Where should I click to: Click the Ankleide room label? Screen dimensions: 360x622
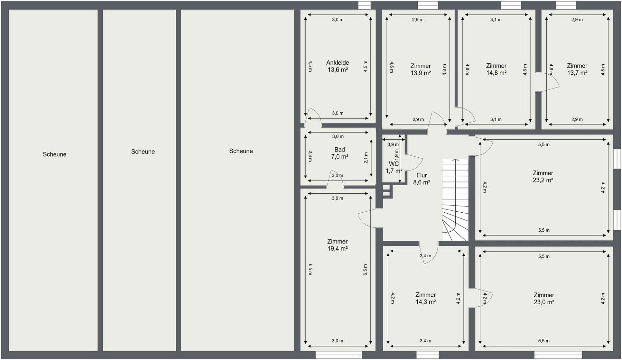pyautogui.click(x=338, y=63)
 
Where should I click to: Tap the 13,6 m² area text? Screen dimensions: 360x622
pyautogui.click(x=338, y=70)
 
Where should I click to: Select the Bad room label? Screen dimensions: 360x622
pyautogui.click(x=339, y=149)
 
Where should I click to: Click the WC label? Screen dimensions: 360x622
pyautogui.click(x=394, y=164)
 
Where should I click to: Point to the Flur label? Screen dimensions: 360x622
pyautogui.click(x=422, y=175)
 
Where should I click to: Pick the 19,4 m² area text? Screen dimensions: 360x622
pyautogui.click(x=337, y=248)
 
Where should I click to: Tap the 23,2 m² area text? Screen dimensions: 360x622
pyautogui.click(x=543, y=180)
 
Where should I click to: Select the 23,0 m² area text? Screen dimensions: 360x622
pyautogui.click(x=544, y=302)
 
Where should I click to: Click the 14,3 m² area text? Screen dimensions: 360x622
pyautogui.click(x=425, y=302)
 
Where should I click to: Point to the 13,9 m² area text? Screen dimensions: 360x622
pyautogui.click(x=421, y=73)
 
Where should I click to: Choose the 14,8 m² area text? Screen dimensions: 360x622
pyautogui.click(x=496, y=73)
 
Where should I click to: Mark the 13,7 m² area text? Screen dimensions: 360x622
pyautogui.click(x=577, y=73)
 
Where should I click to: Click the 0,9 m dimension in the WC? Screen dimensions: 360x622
pyautogui.click(x=393, y=145)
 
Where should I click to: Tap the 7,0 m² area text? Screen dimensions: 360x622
pyautogui.click(x=339, y=157)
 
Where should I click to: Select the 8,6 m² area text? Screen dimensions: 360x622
pyautogui.click(x=422, y=182)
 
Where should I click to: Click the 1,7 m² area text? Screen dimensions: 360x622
pyautogui.click(x=394, y=171)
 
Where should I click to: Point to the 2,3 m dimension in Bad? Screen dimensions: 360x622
pyautogui.click(x=310, y=156)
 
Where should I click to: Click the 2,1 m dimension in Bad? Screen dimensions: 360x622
pyautogui.click(x=366, y=158)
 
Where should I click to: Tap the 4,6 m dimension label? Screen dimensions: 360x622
pyautogui.click(x=392, y=67)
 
